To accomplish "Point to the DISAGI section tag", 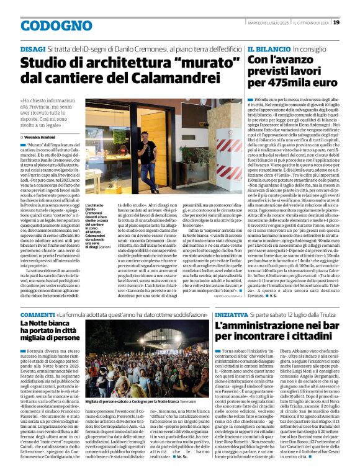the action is tap(32, 48).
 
